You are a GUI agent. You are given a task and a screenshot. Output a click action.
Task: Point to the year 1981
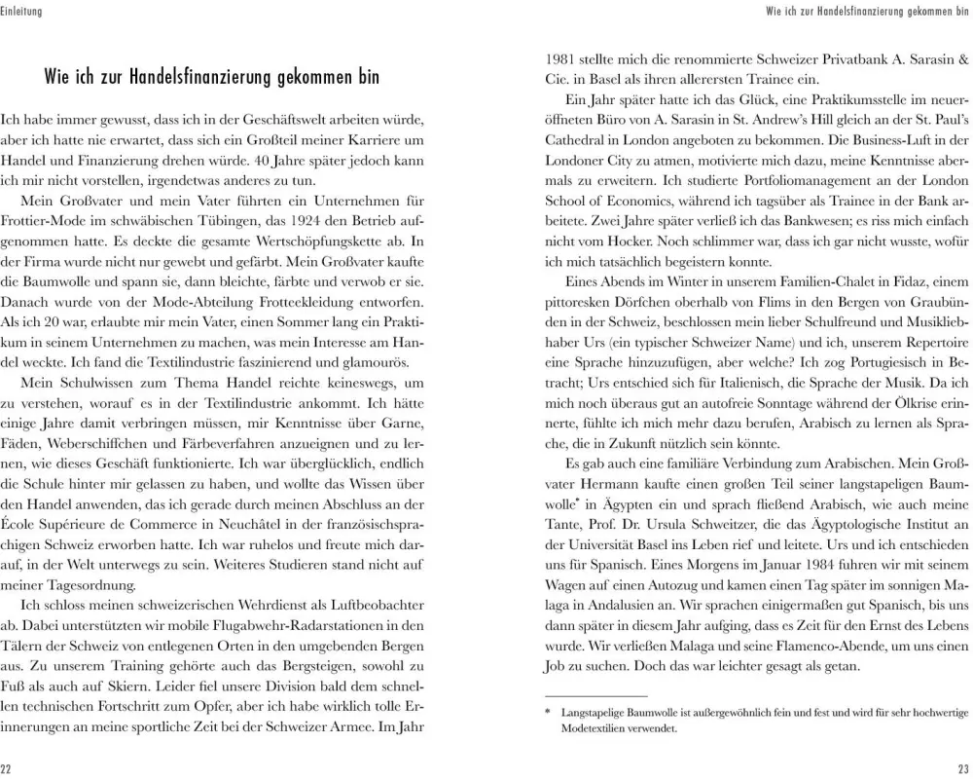[x=559, y=60]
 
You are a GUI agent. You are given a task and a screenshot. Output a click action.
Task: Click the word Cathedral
[x=579, y=142]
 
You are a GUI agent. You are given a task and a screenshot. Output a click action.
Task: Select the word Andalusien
[x=617, y=635]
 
